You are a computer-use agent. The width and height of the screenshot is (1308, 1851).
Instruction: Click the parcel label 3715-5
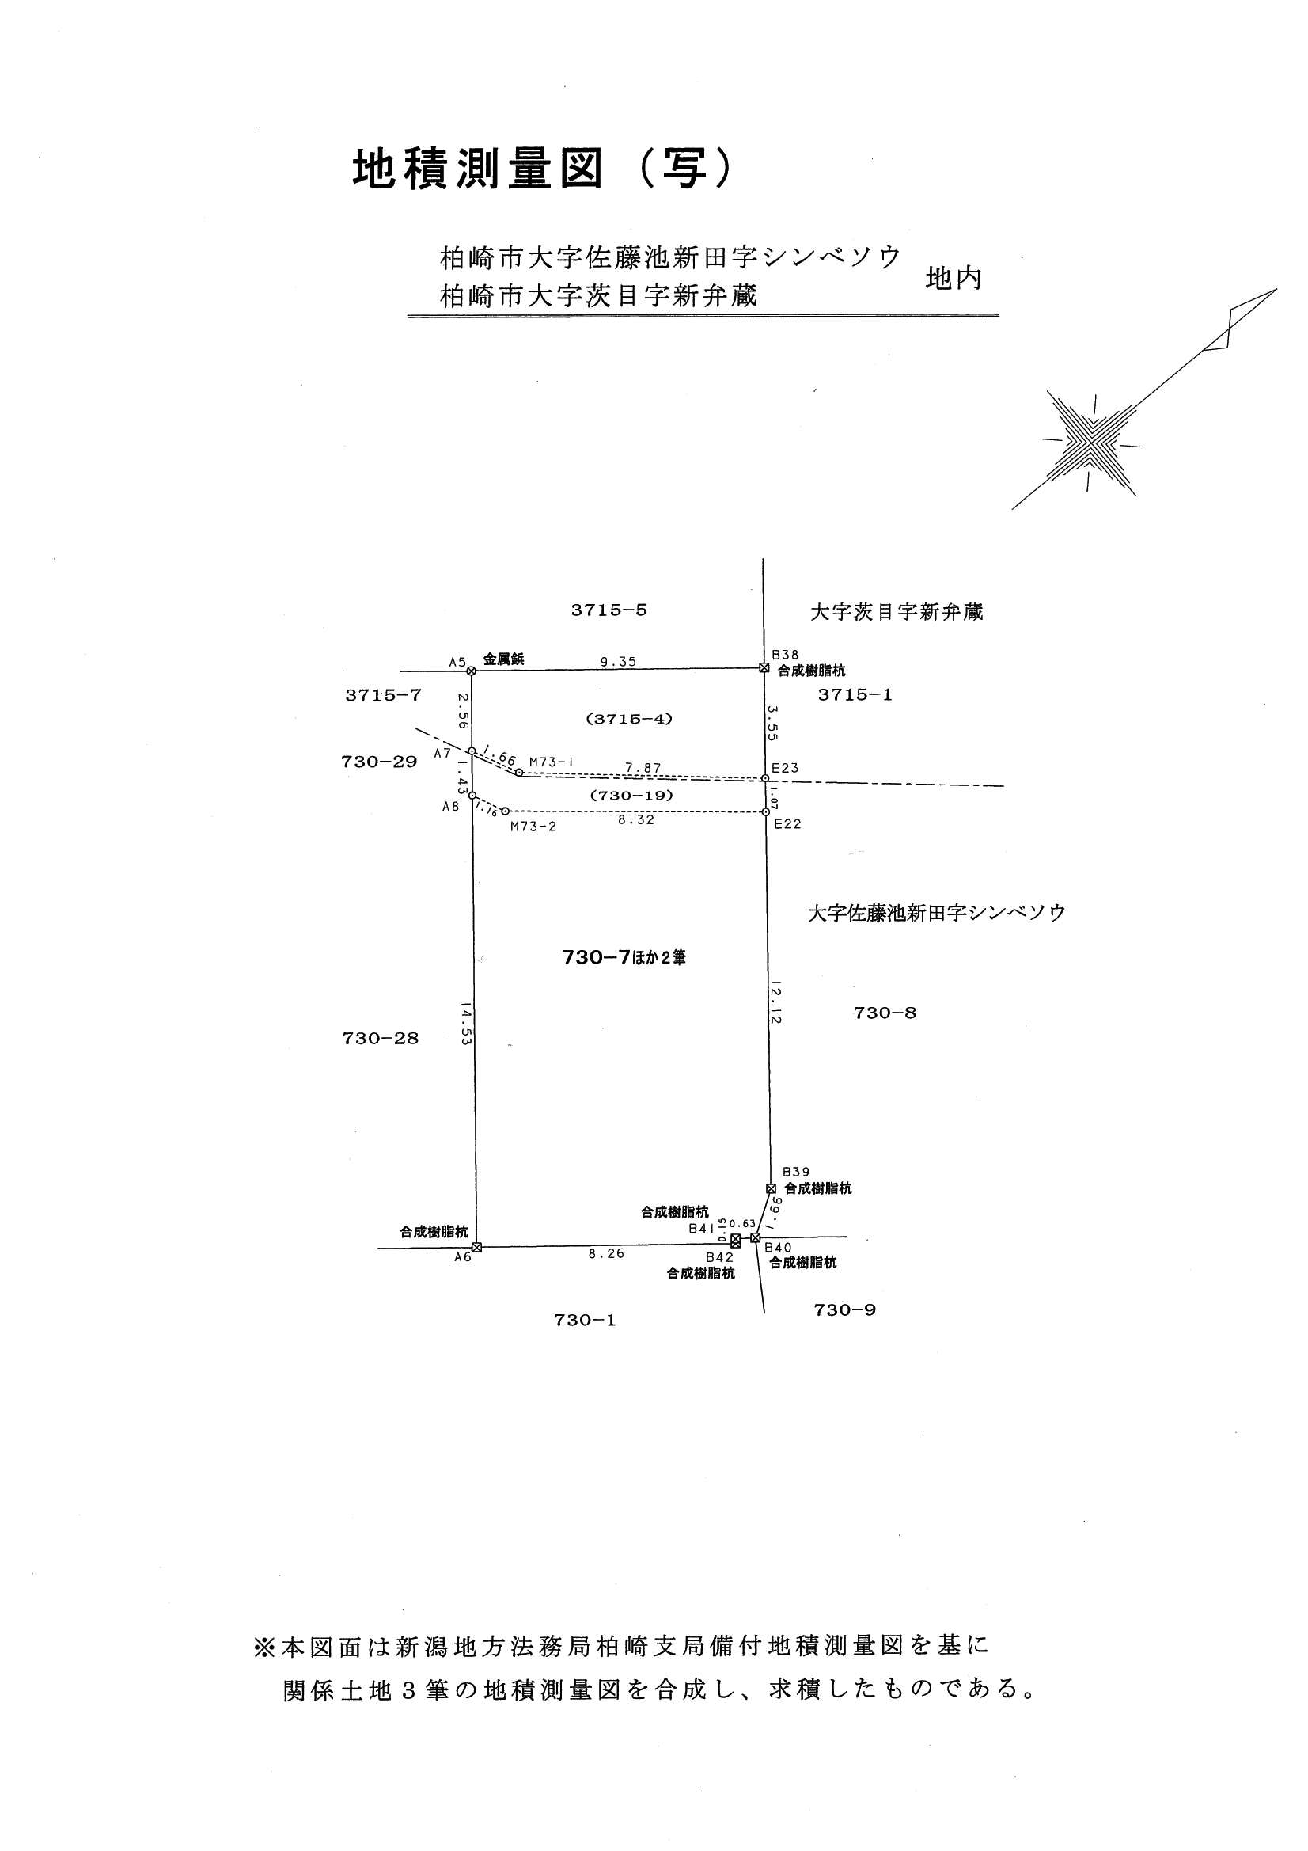609,610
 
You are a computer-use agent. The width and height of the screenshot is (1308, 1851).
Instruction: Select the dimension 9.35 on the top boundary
617,661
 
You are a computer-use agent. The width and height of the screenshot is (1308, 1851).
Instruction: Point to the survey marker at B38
764,667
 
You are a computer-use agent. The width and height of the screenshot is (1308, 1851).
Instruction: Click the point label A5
457,662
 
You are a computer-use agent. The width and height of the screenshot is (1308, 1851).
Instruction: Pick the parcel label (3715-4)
628,718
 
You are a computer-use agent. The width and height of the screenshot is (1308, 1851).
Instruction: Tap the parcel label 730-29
379,762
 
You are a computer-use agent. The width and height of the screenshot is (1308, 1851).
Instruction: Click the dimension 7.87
643,768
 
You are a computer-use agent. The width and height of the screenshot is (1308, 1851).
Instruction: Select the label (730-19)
631,795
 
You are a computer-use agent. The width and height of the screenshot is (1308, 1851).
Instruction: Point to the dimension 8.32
635,821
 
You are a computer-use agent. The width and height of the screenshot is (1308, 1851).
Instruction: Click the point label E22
787,824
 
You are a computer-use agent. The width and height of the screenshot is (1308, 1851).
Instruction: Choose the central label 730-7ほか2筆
623,958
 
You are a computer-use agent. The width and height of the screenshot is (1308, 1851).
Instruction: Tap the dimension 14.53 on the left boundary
464,1023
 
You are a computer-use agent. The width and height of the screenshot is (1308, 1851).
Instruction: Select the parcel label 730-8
884,1013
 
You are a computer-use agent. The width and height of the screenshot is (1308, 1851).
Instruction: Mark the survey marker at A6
476,1247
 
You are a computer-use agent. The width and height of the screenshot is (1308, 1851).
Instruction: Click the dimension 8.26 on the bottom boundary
606,1254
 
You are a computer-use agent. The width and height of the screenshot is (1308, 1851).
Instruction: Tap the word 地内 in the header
954,279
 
